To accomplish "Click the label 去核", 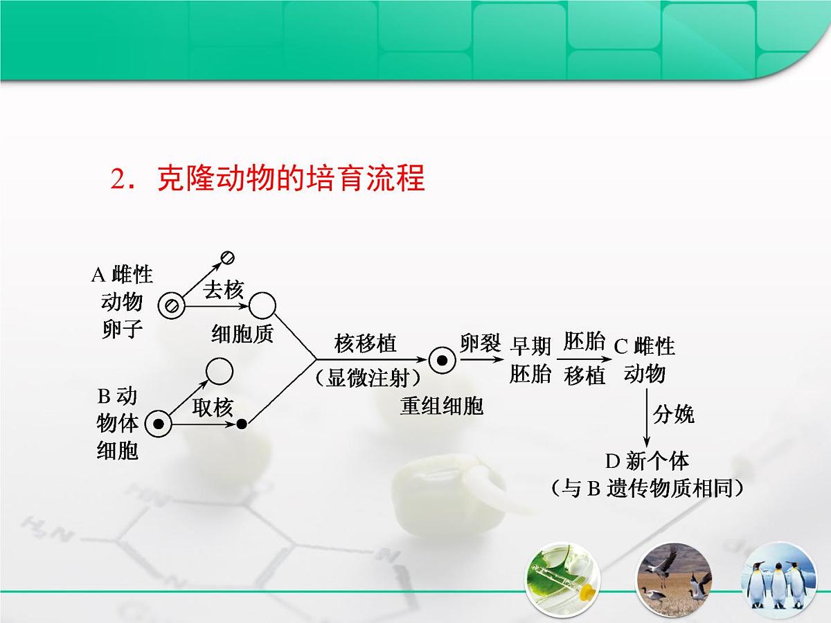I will tap(223, 291).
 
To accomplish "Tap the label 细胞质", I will tap(242, 334).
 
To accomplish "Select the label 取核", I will tap(213, 408).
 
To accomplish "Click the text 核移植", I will tap(366, 343).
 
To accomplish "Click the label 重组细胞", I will tap(441, 406).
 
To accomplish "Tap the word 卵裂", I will tap(480, 343).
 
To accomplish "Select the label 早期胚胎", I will tap(530, 360).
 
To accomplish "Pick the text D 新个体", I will tap(647, 460).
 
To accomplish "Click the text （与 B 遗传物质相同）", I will tap(647, 489).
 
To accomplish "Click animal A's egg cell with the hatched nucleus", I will tap(170, 305).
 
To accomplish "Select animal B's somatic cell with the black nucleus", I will tap(159, 424).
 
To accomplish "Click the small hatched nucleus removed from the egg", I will tap(227, 258).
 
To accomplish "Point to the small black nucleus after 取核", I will tap(242, 424).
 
